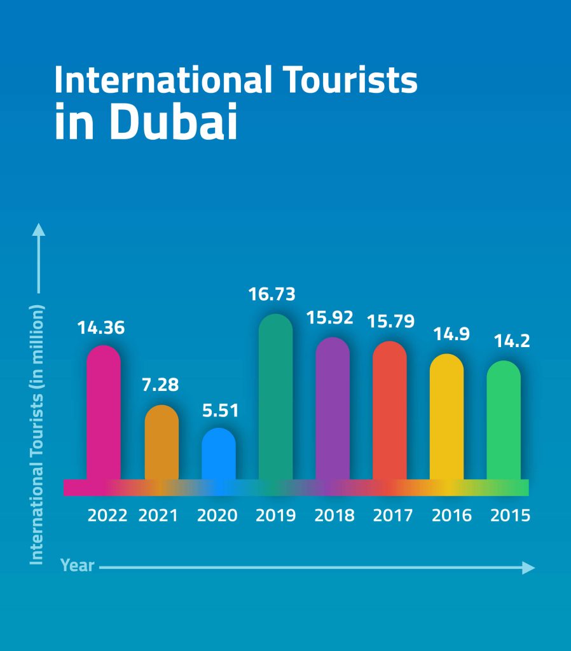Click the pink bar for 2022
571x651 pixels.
pos(104,413)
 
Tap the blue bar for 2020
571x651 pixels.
pos(219,455)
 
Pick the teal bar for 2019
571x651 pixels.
pos(276,397)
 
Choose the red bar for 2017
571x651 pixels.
pos(390,411)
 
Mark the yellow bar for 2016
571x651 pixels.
pos(446,418)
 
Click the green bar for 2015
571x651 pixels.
pos(504,421)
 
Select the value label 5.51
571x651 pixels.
pos(220,410)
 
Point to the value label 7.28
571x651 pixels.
pos(160,385)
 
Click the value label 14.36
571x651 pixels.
pos(102,328)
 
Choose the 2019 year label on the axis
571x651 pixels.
pos(276,515)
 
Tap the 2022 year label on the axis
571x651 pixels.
pos(107,515)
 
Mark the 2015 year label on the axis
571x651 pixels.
pos(510,515)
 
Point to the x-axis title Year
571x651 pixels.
pos(78,565)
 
